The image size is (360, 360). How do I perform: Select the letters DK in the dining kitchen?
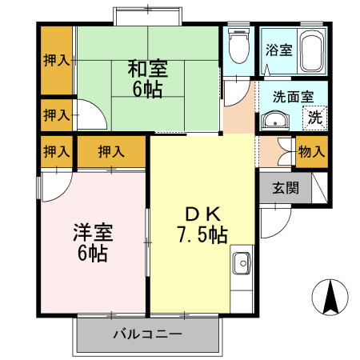202,214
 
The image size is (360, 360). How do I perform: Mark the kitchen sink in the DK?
241,261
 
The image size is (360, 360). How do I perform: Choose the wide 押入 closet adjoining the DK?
111,151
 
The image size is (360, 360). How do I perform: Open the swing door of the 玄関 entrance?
274,214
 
